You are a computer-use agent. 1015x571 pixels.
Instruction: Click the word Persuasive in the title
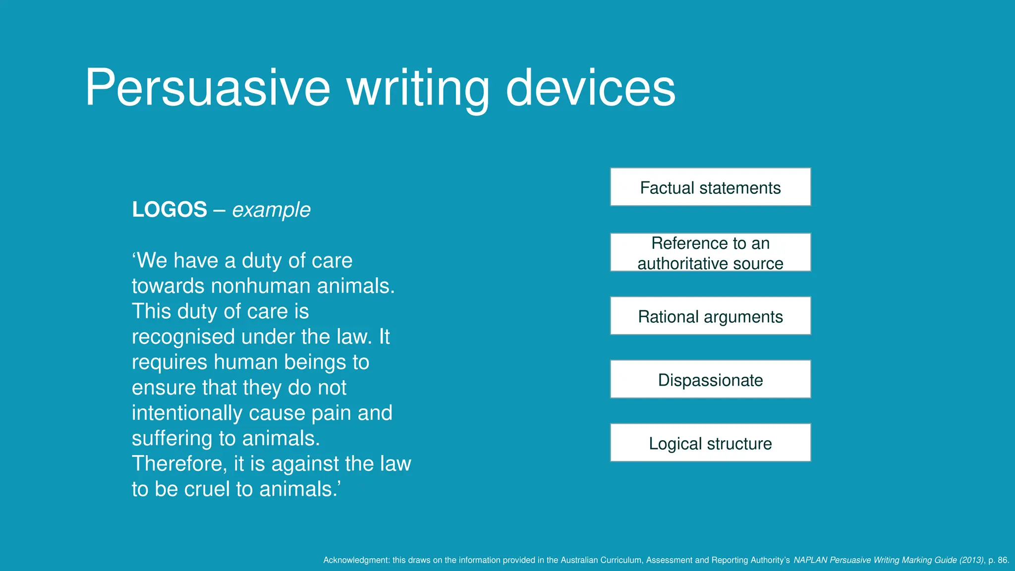pyautogui.click(x=207, y=88)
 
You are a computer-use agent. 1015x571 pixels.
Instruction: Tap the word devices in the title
pyautogui.click(x=590, y=88)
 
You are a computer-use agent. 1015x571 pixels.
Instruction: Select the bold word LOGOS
pyautogui.click(x=169, y=210)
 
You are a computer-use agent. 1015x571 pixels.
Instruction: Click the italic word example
pyautogui.click(x=271, y=210)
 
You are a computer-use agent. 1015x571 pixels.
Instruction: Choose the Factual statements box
pyautogui.click(x=710, y=187)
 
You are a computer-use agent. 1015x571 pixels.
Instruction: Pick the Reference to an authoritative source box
pyautogui.click(x=710, y=252)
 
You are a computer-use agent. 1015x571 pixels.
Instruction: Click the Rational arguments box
pyautogui.click(x=710, y=316)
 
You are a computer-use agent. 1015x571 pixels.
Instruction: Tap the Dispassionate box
pyautogui.click(x=710, y=379)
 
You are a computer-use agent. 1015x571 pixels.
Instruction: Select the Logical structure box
pyautogui.click(x=710, y=443)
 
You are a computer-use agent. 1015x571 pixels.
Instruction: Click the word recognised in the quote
pyautogui.click(x=183, y=337)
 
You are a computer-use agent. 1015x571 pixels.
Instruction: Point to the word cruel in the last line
pyautogui.click(x=207, y=489)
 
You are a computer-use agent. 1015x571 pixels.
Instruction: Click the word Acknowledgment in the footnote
pyautogui.click(x=356, y=560)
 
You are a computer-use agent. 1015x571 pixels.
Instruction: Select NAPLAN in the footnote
pyautogui.click(x=810, y=560)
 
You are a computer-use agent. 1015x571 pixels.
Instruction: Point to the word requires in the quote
pyautogui.click(x=169, y=362)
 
